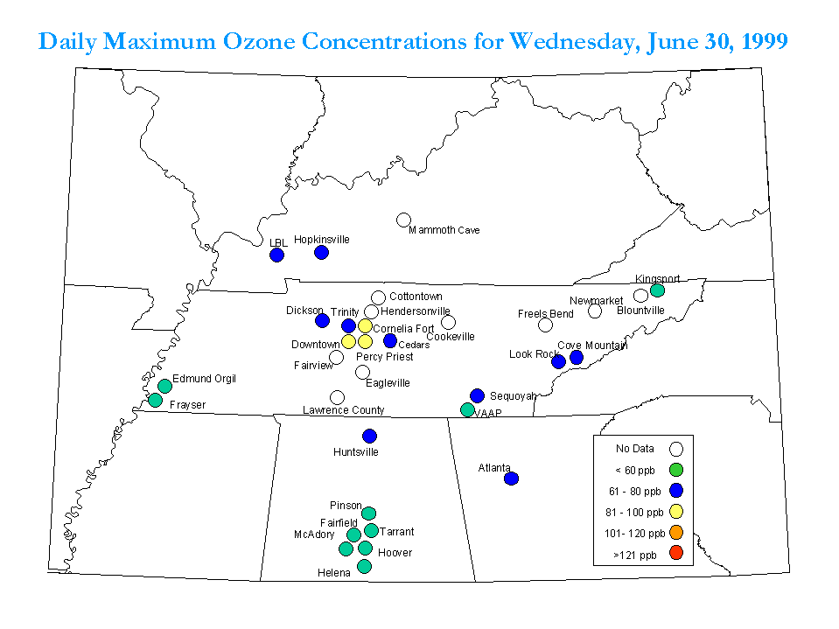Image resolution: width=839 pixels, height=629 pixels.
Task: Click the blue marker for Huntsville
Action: tap(370, 436)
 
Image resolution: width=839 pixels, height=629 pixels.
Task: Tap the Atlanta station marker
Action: tap(512, 479)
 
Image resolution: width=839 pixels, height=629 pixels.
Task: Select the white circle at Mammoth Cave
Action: tap(403, 220)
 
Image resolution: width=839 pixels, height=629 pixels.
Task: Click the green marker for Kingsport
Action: tap(658, 290)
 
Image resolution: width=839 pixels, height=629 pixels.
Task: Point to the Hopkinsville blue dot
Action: tap(322, 252)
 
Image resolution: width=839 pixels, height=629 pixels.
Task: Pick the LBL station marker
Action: tap(276, 255)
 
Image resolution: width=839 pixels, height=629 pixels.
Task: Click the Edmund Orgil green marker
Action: tap(164, 386)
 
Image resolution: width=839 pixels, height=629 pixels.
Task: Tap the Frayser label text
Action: tap(187, 405)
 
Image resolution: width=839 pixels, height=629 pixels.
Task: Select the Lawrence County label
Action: tap(344, 410)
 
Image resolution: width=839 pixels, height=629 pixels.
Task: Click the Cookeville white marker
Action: tap(449, 322)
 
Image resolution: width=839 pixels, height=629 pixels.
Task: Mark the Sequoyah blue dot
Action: tap(478, 395)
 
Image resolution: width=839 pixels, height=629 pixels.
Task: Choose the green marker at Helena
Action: tap(365, 566)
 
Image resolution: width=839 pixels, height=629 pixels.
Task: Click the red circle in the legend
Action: tap(676, 553)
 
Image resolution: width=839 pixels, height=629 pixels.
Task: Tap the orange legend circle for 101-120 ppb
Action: tap(676, 532)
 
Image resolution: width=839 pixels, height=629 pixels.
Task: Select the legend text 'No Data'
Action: tap(634, 449)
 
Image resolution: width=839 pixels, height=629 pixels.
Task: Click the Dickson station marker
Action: tap(322, 320)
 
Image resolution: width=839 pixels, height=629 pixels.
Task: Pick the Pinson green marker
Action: tap(368, 514)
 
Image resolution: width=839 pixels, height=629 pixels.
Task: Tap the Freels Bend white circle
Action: tap(545, 325)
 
